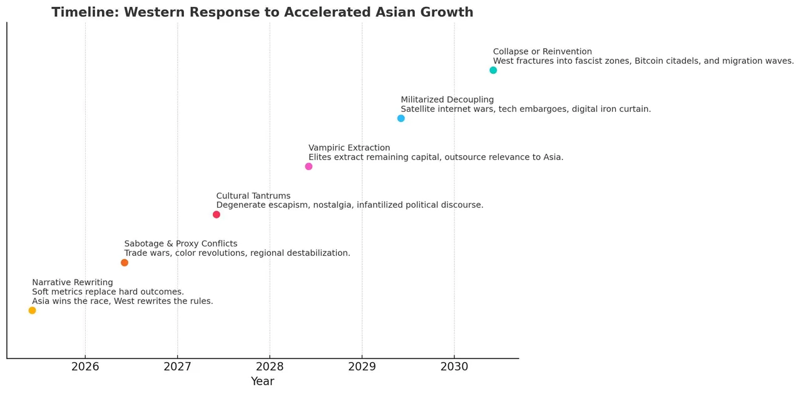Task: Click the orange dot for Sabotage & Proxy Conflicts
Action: pyautogui.click(x=125, y=263)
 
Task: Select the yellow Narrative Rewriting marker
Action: pyautogui.click(x=33, y=310)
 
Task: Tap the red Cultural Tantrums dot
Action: pyautogui.click(x=217, y=215)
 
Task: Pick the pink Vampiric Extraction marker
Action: pyautogui.click(x=309, y=166)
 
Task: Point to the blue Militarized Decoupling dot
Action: pyautogui.click(x=401, y=118)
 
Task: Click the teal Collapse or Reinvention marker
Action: pyautogui.click(x=493, y=70)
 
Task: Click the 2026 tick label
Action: pyautogui.click(x=85, y=367)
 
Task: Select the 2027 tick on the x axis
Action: pyautogui.click(x=178, y=367)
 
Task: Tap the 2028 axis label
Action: pyautogui.click(x=270, y=367)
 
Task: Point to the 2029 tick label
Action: pyautogui.click(x=362, y=367)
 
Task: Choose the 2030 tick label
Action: pyautogui.click(x=454, y=367)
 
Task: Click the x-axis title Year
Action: pyautogui.click(x=262, y=381)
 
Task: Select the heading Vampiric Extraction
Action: pyautogui.click(x=349, y=148)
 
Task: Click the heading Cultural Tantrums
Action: pyautogui.click(x=253, y=196)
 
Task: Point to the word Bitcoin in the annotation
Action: pyautogui.click(x=653, y=61)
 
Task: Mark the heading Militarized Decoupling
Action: pyautogui.click(x=447, y=100)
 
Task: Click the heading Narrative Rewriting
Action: pyautogui.click(x=73, y=283)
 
